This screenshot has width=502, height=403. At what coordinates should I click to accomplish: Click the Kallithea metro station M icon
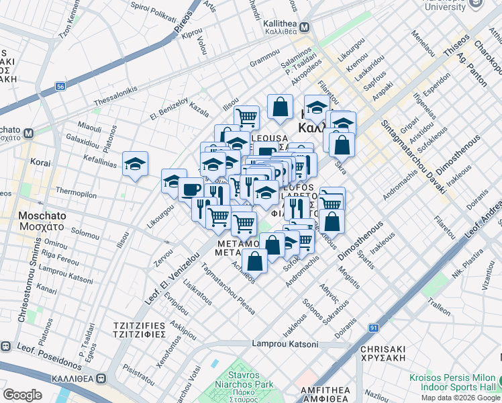coord(304,28)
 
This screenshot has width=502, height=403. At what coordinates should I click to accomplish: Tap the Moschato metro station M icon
coord(29,133)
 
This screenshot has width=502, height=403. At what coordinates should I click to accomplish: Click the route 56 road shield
coord(61,87)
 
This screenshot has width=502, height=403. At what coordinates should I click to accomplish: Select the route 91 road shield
coord(373,327)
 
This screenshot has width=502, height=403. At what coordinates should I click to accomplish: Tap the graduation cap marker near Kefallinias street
coord(135,164)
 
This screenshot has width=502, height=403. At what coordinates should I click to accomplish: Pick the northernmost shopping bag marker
coord(280,106)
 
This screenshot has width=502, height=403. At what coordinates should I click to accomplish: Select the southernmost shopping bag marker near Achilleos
coord(254,259)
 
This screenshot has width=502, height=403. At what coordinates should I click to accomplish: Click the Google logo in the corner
coord(22,394)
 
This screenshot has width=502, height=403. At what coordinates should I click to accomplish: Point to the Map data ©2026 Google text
coord(460,398)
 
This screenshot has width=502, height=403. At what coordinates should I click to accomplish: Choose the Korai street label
coord(40,163)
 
